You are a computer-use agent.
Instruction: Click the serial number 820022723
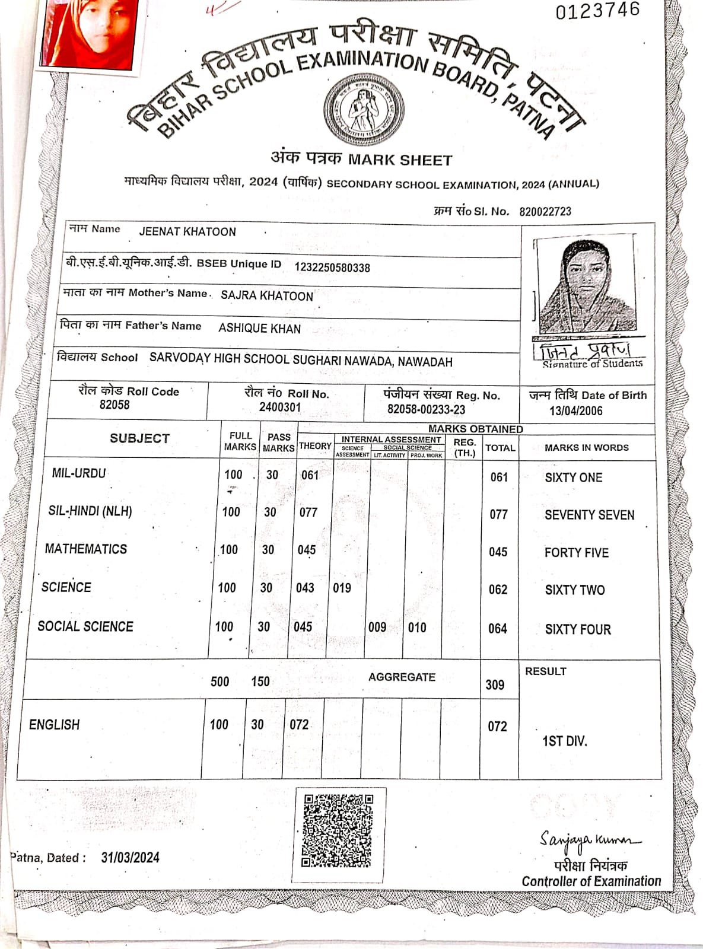(x=545, y=212)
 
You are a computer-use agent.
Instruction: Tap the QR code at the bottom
(x=338, y=830)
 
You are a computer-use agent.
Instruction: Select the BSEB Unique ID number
(x=332, y=267)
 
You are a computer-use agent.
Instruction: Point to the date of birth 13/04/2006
(x=575, y=411)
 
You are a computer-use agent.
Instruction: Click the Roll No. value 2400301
(x=280, y=407)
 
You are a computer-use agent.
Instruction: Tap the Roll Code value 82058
(x=114, y=405)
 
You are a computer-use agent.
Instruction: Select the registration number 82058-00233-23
(x=426, y=409)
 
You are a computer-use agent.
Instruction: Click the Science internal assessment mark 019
(x=342, y=588)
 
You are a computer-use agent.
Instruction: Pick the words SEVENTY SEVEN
(x=589, y=515)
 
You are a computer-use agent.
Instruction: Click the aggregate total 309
(x=495, y=684)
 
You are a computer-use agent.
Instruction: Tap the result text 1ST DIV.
(x=564, y=741)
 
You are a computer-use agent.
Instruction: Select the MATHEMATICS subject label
(x=86, y=549)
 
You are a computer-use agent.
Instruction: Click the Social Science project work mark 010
(x=417, y=628)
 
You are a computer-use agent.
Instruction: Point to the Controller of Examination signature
(x=589, y=839)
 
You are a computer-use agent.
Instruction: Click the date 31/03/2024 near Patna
(x=130, y=858)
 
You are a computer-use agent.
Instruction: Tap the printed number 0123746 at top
(x=597, y=11)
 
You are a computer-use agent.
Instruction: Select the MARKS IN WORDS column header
(x=586, y=448)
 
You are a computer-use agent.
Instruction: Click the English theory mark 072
(x=299, y=724)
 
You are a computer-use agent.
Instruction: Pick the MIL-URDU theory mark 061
(x=310, y=475)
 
